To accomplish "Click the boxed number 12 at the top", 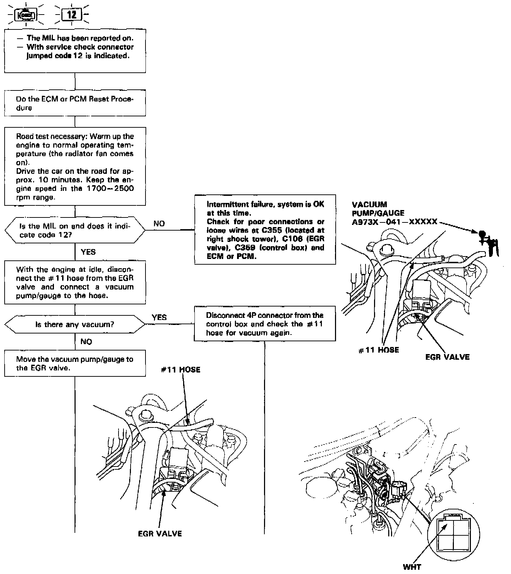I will [x=72, y=15].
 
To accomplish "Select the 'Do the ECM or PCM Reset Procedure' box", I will [x=75, y=104].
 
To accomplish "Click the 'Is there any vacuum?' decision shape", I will [x=75, y=324].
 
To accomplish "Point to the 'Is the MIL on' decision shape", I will [x=75, y=230].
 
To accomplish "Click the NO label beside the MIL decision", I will [x=159, y=223].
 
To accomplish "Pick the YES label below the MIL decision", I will [x=88, y=252].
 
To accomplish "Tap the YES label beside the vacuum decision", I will [x=159, y=317].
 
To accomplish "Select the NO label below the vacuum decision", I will [x=86, y=342].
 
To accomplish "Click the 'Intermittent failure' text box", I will [x=265, y=230].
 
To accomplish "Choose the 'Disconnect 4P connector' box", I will [x=265, y=324].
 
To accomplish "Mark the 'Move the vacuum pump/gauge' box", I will [x=75, y=363].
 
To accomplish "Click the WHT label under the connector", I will [x=412, y=567].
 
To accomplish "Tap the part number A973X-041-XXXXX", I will [x=394, y=222].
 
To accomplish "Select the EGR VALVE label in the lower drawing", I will [x=160, y=534].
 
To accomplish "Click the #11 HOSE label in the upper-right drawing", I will [x=378, y=350].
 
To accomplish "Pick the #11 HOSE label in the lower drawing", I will [x=180, y=370].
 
